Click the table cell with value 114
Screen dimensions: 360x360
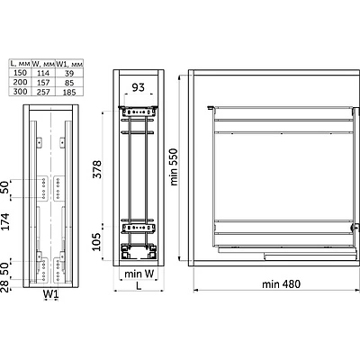[43, 73]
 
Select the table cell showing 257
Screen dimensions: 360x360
[43, 92]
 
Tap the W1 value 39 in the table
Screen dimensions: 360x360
[69, 73]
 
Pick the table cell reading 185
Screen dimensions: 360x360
[69, 92]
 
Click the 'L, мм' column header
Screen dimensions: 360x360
[20, 64]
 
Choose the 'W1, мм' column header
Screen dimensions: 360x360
[69, 64]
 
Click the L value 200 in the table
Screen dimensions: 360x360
[20, 82]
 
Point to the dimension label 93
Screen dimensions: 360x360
[139, 87]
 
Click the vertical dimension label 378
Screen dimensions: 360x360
[97, 169]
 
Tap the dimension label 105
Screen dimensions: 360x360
[96, 242]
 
